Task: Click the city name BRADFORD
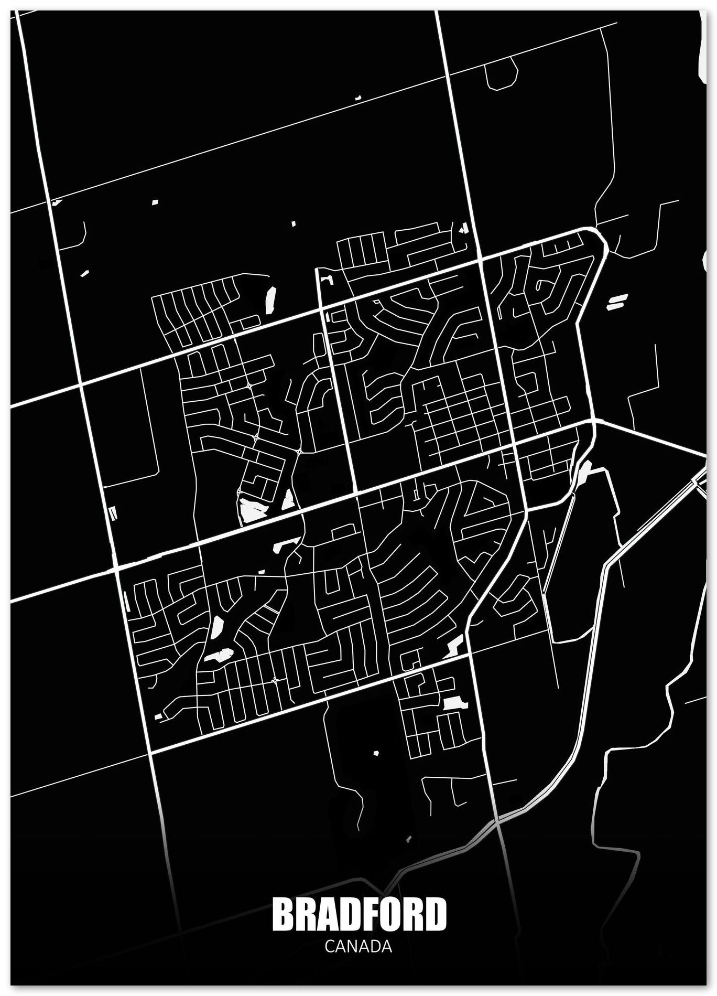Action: [x=359, y=914]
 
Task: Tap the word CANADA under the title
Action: [x=358, y=946]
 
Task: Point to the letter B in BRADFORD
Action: [x=284, y=914]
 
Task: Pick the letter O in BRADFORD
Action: [x=391, y=914]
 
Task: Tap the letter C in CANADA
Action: [x=330, y=946]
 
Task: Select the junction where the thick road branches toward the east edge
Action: [x=593, y=422]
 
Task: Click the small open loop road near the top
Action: [x=501, y=73]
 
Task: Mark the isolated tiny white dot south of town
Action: [x=376, y=752]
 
